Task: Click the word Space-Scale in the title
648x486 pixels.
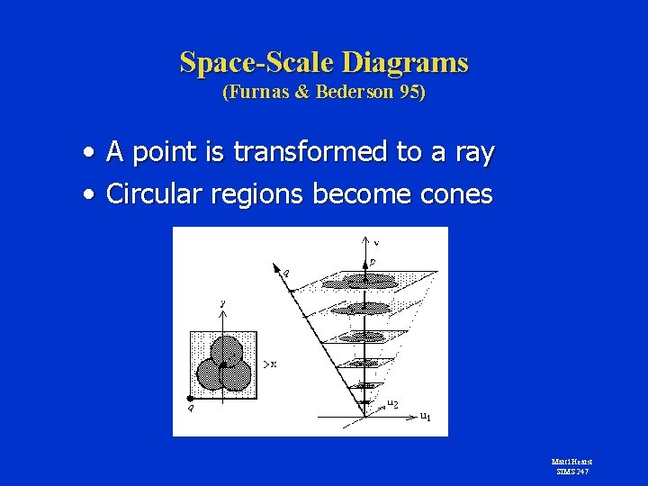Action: (x=257, y=63)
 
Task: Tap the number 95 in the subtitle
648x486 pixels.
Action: (x=409, y=93)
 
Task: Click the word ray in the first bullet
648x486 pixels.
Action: (x=475, y=153)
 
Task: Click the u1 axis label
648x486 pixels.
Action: (x=425, y=417)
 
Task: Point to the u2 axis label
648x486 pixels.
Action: (x=393, y=403)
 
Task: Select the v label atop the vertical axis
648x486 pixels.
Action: (x=375, y=242)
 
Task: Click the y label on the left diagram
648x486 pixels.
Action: (x=222, y=304)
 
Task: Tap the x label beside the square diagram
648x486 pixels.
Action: (x=272, y=364)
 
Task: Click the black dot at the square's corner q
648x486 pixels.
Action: (x=191, y=397)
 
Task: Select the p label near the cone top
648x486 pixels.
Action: (x=372, y=262)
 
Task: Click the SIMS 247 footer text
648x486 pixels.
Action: (x=571, y=471)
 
